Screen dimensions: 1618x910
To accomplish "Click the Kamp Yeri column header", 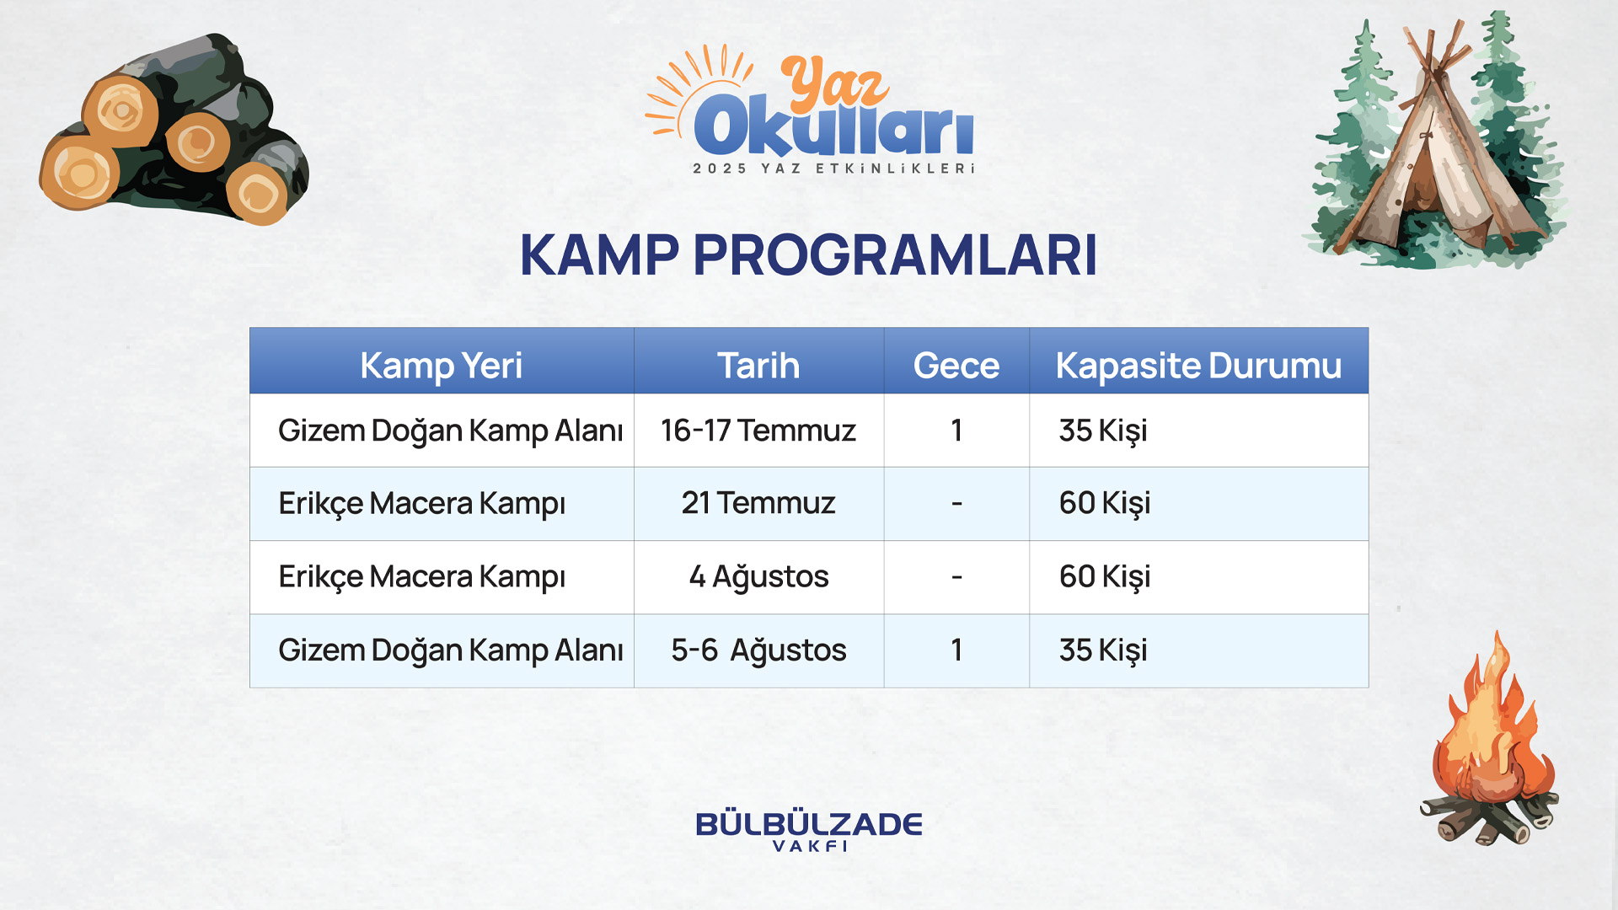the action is tap(441, 366).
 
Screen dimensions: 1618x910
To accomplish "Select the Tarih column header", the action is tap(758, 366).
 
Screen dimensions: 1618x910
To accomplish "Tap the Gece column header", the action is tap(956, 366).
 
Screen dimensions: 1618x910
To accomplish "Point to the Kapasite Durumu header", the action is tap(1198, 366).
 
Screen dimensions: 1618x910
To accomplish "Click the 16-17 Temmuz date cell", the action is tap(758, 431).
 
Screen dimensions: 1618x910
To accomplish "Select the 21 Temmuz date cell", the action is tap(758, 503).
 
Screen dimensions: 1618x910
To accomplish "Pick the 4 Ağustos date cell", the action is tap(758, 577).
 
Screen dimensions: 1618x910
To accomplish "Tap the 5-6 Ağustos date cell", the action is tap(758, 650).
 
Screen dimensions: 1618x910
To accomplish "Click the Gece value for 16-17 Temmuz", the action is tap(956, 431).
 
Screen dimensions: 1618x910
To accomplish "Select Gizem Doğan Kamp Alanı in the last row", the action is tap(450, 650).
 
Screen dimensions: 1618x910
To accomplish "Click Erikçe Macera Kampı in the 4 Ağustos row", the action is tap(421, 577).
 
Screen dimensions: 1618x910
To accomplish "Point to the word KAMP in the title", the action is tap(599, 254).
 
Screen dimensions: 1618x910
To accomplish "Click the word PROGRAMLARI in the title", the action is tap(895, 254).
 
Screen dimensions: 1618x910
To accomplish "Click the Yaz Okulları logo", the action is tap(810, 110).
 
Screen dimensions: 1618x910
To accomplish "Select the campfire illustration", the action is tap(1490, 741).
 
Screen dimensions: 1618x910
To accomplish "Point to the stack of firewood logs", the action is tap(174, 131).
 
